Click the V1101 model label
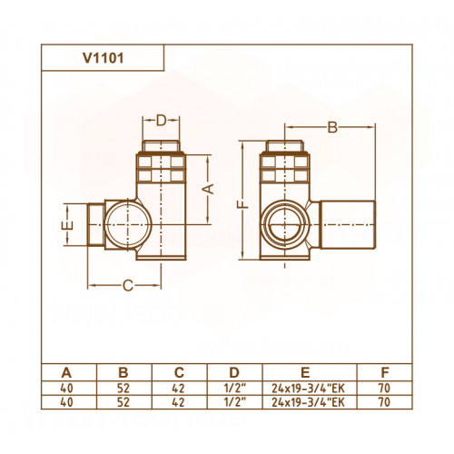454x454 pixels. tap(104, 58)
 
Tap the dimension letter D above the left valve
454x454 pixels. tap(162, 121)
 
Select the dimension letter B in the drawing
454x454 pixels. tap(332, 127)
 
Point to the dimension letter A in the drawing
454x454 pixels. tap(208, 189)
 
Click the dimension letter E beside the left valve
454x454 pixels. tap(69, 225)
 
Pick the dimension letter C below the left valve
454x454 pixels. tap(128, 285)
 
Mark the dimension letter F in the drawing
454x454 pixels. tap(243, 205)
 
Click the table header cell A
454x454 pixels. tap(66, 372)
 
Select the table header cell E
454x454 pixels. tap(305, 372)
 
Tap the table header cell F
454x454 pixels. tap(385, 372)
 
